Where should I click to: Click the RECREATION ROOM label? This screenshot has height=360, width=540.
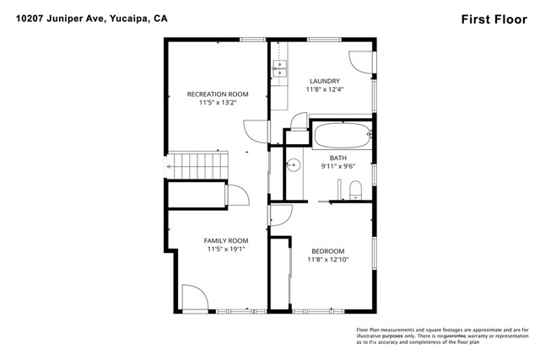pos(211,94)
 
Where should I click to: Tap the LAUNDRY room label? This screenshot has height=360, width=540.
pos(324,81)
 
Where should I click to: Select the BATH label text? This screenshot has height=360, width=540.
pos(337,158)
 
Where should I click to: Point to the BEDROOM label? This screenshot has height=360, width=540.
pos(327,250)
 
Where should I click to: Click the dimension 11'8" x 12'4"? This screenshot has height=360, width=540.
pos(324,89)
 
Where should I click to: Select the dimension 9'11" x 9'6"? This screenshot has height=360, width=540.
pos(337,166)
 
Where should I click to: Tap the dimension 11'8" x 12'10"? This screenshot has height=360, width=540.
pos(327,259)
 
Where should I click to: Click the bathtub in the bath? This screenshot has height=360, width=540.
pos(341,134)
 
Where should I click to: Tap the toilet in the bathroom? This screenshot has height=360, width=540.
pos(356,187)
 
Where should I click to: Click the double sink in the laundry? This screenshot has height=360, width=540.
pos(282,69)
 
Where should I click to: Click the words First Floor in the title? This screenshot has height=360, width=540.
pos(495,19)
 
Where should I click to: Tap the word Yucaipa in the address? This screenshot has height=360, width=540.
pos(128,19)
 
